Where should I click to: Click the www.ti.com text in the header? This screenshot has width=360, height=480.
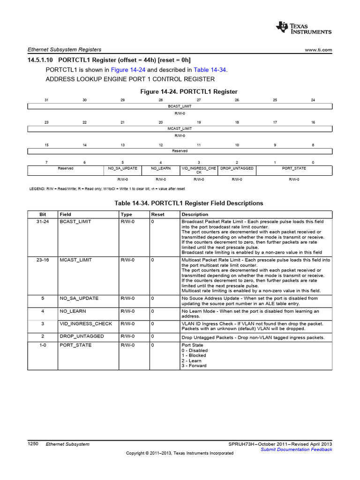318,50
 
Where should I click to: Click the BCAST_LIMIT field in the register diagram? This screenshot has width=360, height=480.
180,106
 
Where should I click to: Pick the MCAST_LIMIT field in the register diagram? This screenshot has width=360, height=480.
180,128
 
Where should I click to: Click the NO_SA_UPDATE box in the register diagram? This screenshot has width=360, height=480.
122,168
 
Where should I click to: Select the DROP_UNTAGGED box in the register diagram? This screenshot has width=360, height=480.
237,168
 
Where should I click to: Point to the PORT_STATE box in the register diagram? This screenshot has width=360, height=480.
294,168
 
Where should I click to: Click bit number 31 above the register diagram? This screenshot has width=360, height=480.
46,100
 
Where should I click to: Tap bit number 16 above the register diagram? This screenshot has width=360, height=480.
313,122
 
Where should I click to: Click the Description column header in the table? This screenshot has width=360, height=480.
195,214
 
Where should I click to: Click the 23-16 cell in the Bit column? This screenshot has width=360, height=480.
43,259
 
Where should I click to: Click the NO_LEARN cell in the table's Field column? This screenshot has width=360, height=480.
73,311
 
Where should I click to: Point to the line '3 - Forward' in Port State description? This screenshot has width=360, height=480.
194,366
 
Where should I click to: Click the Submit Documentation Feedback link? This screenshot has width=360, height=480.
296,450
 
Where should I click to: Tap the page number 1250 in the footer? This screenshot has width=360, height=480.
33,443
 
